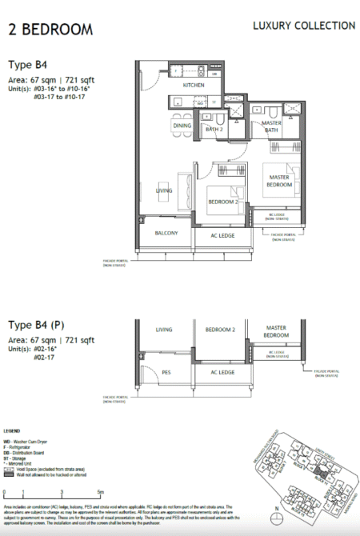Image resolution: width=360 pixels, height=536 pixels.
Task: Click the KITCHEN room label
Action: (x=194, y=85)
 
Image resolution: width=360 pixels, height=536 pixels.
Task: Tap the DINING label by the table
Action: (x=182, y=126)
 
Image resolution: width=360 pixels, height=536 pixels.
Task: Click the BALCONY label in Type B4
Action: (x=167, y=233)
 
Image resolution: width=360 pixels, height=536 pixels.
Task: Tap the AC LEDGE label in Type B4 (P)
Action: (x=222, y=372)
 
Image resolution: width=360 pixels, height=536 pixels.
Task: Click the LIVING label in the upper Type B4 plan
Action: (x=164, y=190)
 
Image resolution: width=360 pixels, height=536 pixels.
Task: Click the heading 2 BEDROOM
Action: (x=50, y=30)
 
